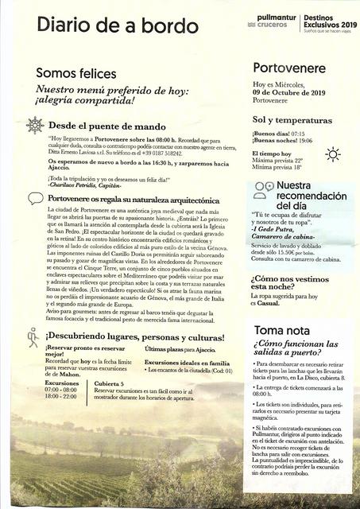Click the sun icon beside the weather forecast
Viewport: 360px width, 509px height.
[331, 154]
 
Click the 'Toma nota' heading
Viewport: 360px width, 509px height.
[282, 329]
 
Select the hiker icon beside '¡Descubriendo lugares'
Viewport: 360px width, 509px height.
[33, 337]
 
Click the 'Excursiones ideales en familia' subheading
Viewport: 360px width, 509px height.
[187, 362]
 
